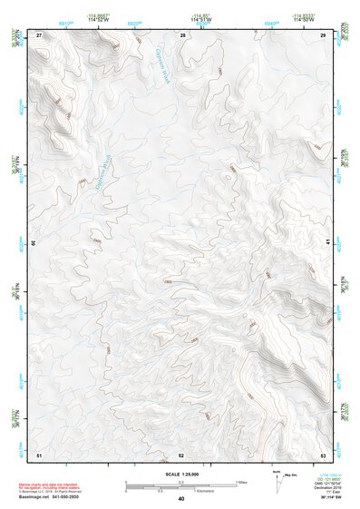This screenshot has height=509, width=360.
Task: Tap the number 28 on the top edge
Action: (x=182, y=34)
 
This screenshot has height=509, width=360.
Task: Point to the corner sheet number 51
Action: (x=39, y=454)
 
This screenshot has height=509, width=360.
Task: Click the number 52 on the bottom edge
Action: (x=181, y=454)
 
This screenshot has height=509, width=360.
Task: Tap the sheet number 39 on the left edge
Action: (x=34, y=242)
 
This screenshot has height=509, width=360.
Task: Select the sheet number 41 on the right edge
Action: (x=327, y=241)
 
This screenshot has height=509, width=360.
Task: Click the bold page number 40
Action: (x=181, y=499)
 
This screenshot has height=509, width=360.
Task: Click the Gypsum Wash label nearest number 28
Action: (x=162, y=64)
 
